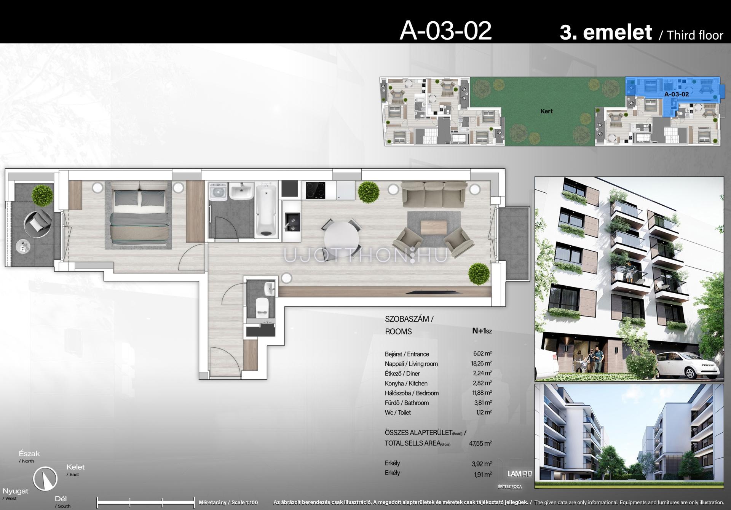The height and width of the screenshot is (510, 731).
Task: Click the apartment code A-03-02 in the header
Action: (x=445, y=31)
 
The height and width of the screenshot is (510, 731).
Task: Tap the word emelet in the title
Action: (x=618, y=32)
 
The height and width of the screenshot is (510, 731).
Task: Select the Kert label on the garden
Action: (x=546, y=111)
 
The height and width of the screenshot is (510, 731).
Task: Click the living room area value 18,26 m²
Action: (x=481, y=363)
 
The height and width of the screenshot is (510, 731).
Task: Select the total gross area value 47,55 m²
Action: (x=480, y=443)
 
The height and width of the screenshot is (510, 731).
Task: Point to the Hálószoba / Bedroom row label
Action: (x=412, y=393)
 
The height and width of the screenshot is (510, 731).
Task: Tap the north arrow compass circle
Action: (x=45, y=478)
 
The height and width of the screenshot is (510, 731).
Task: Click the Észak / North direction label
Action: (x=29, y=456)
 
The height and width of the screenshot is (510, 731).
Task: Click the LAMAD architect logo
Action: (x=520, y=474)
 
